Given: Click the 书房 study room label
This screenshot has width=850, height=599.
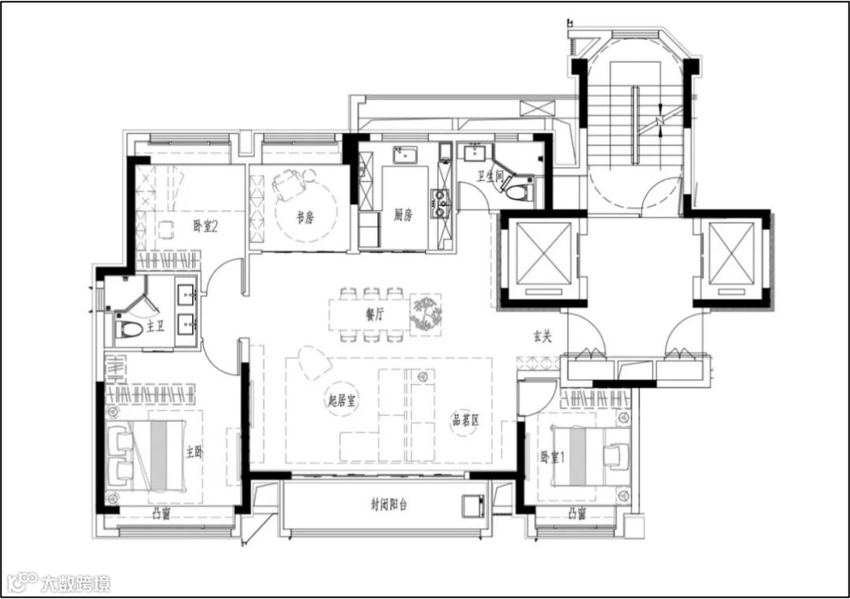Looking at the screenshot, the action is point(305,217).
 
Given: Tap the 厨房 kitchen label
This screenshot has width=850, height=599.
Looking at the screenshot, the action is point(403,215).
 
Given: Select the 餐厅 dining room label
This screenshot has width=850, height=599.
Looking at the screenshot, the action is point(375,314).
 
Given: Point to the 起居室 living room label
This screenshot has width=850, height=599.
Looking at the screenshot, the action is point(342,401).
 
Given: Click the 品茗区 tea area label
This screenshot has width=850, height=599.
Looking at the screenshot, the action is point(465,419).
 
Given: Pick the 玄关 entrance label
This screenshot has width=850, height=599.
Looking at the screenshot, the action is point(541,337).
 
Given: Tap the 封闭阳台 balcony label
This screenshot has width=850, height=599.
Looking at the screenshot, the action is point(389,505).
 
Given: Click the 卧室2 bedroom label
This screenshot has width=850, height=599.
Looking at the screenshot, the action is point(205,226).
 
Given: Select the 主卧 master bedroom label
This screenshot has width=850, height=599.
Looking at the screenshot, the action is point(194,452).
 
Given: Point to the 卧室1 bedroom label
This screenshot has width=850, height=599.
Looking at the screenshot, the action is point(552,457).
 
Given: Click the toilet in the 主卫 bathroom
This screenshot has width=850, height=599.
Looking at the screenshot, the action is point(129,328).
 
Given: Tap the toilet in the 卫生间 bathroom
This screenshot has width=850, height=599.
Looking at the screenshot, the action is point(519,191).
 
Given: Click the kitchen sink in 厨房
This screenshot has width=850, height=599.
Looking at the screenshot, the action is point(405,154).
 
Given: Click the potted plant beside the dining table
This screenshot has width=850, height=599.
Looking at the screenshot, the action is point(426,313).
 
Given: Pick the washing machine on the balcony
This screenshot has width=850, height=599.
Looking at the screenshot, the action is point(475,506).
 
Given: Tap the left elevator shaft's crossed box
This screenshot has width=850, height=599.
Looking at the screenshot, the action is point(544,253).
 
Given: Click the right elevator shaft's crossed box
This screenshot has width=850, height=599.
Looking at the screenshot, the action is point(732,253).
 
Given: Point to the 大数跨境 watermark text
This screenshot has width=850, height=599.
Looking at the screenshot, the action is point(76,584).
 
